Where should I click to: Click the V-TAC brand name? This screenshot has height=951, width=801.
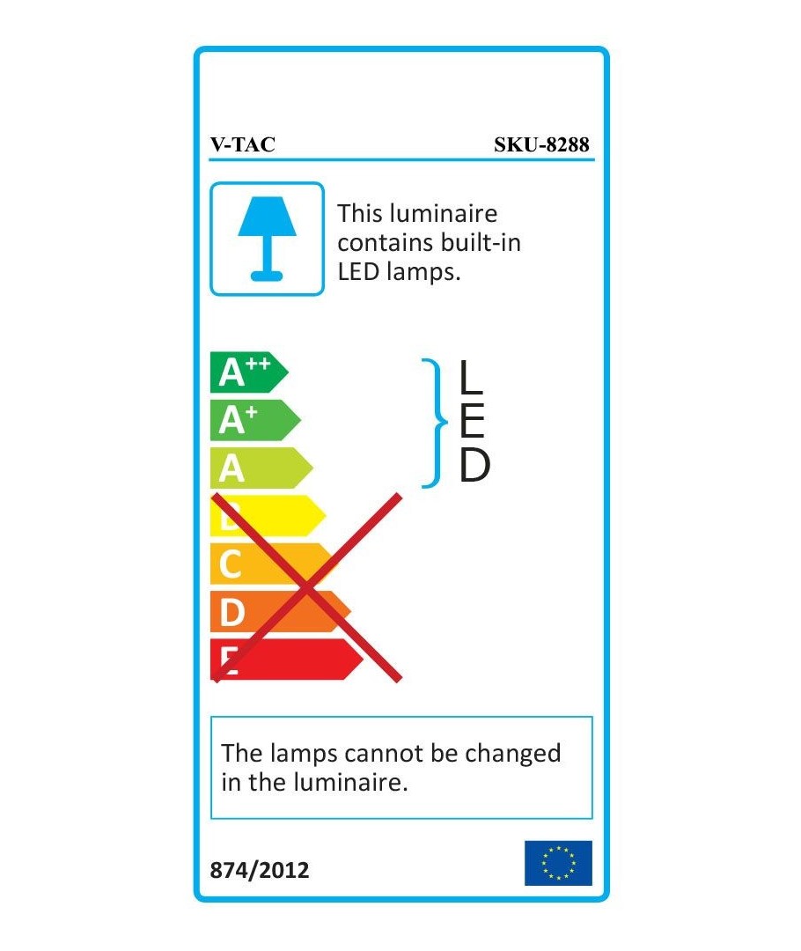(x=243, y=144)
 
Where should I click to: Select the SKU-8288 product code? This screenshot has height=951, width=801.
(x=541, y=144)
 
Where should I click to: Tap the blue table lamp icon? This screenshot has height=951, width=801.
(x=267, y=239)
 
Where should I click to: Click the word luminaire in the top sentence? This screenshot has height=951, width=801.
(x=444, y=213)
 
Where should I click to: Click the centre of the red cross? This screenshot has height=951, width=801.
(x=307, y=587)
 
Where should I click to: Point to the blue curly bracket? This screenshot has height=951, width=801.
(x=435, y=423)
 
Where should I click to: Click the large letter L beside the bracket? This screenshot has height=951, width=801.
(x=471, y=376)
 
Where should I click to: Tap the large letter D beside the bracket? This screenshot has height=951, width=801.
(x=474, y=466)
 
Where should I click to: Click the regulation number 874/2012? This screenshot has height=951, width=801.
(x=260, y=870)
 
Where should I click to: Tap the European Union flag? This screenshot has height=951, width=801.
(x=558, y=863)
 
